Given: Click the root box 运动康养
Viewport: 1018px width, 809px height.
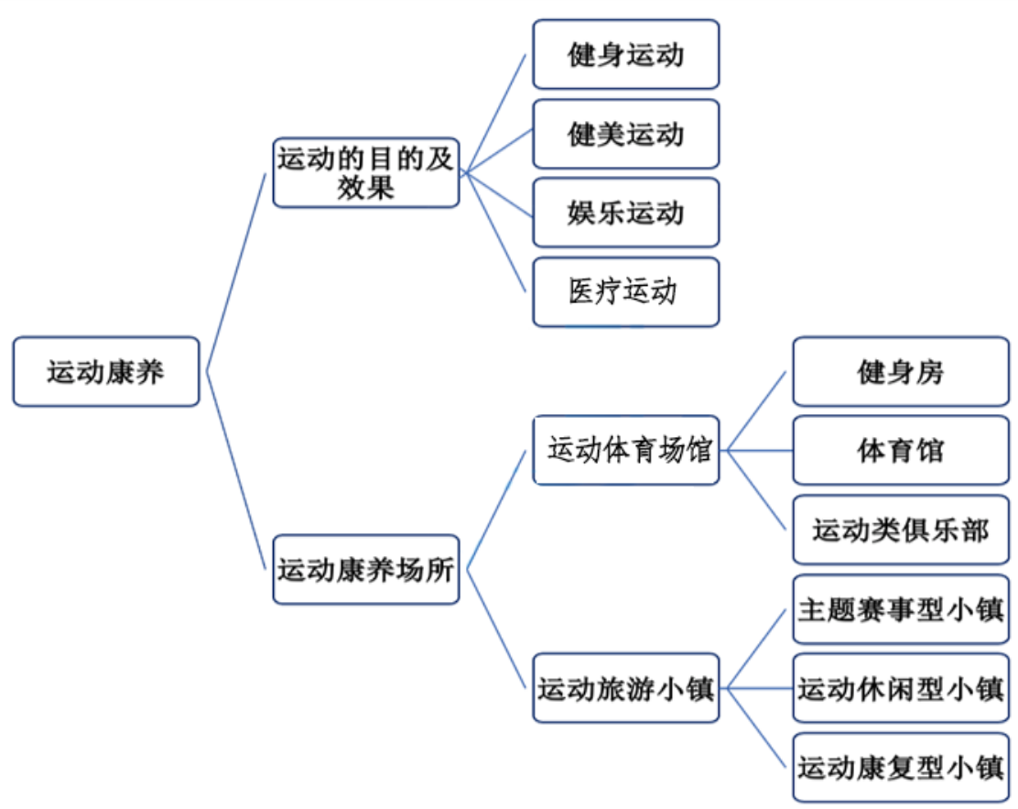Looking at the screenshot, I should pos(105,371).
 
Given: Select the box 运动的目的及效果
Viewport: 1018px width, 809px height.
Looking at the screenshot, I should pos(365,172).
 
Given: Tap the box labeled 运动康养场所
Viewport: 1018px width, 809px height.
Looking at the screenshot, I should pos(365,569).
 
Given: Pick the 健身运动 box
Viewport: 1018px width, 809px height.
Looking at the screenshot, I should pos(625,55).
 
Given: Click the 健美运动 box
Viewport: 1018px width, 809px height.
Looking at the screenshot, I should pos(625,134).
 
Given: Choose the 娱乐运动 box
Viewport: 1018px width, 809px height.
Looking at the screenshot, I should pos(625,213).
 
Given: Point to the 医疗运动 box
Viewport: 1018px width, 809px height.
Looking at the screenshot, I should pos(625,291).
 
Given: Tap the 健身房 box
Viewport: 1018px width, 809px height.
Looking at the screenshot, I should pos(900,371).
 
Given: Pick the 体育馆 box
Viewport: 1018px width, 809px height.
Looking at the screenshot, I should pos(900,450).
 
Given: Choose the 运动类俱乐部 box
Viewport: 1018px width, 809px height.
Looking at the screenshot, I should pos(900,530).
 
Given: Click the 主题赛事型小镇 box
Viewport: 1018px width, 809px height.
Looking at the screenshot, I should pos(900,609).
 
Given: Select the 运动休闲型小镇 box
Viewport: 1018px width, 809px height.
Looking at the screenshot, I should pos(900,688).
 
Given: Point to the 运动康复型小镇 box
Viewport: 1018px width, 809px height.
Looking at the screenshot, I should pos(900,767).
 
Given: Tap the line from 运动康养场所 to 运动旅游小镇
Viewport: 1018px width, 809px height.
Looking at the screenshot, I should pos(497,629).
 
